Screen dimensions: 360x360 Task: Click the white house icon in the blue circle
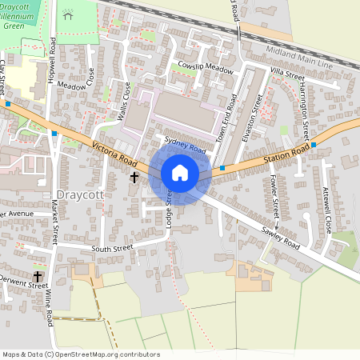tap(180, 172)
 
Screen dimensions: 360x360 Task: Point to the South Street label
tap(111, 249)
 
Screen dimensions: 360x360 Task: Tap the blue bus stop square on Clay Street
tap(8, 104)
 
